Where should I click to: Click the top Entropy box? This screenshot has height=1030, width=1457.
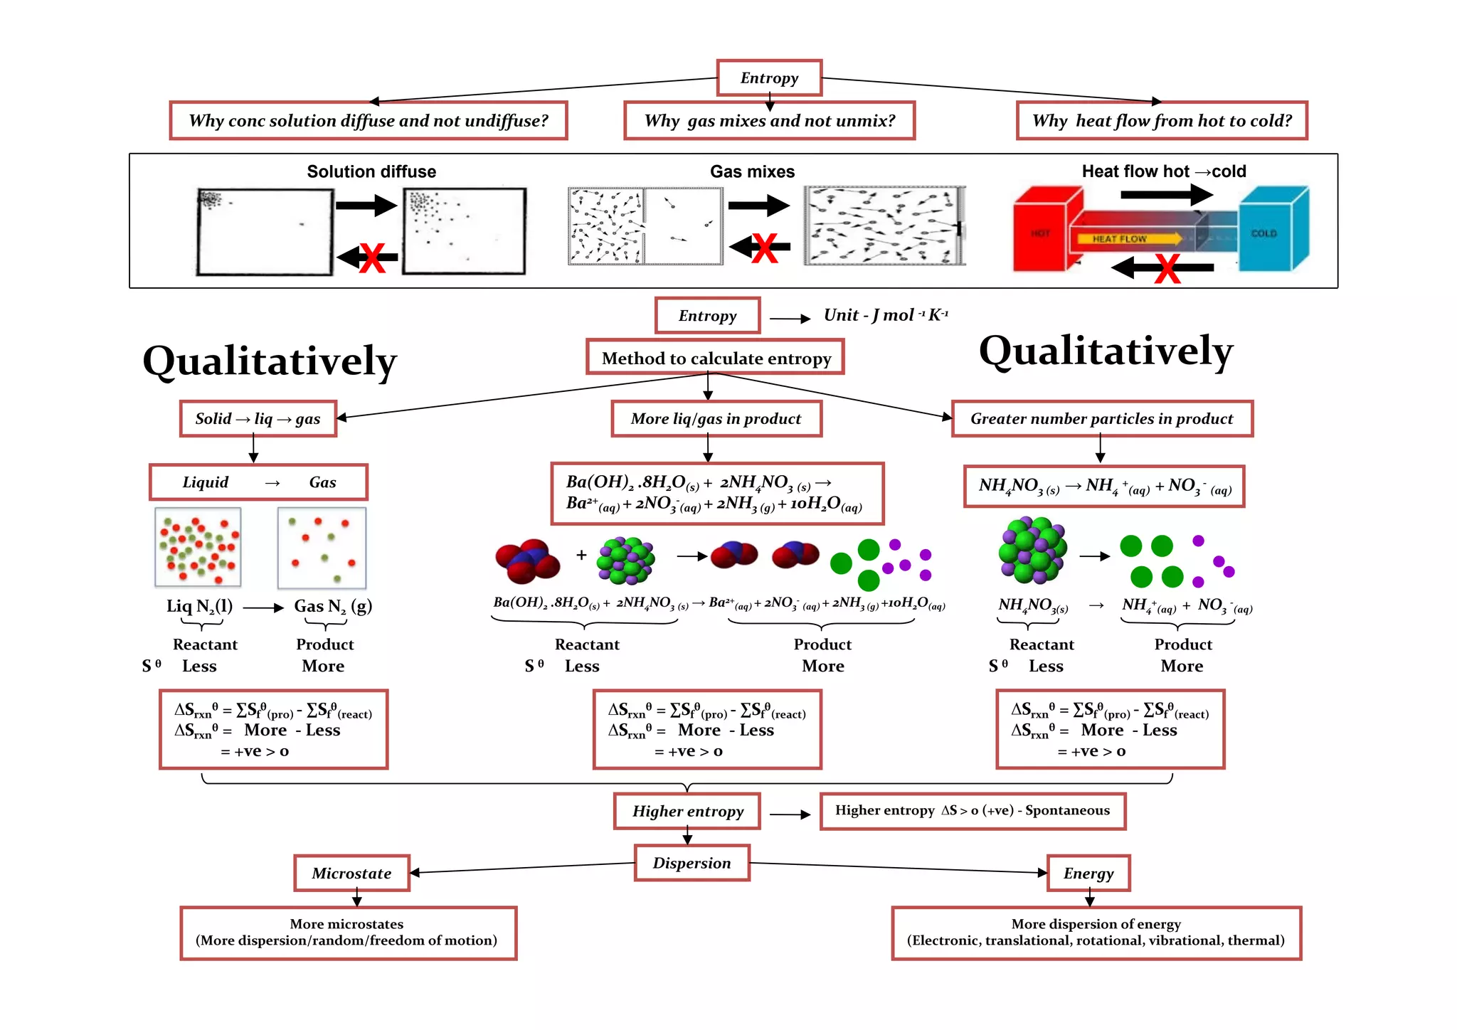pyautogui.click(x=769, y=78)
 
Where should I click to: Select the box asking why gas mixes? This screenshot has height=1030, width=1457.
pyautogui.click(x=769, y=120)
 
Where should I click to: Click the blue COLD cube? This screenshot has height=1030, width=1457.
pyautogui.click(x=1273, y=229)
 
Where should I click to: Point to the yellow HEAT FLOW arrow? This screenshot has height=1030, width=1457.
pyautogui.click(x=1130, y=239)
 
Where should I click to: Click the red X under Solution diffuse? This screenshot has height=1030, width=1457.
pyautogui.click(x=372, y=257)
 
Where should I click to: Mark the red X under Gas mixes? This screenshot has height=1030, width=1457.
pyautogui.click(x=765, y=248)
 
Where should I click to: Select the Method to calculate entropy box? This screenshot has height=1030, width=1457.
pyautogui.click(x=716, y=357)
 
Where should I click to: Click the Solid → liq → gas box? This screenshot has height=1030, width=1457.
pyautogui.click(x=258, y=418)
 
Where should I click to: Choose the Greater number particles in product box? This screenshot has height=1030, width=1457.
pyautogui.click(x=1102, y=418)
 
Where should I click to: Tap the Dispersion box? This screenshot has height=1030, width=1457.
pyautogui.click(x=692, y=863)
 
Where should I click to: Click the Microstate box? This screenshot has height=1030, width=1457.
pyautogui.click(x=352, y=873)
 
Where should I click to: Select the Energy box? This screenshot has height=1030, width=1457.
pyautogui.click(x=1088, y=873)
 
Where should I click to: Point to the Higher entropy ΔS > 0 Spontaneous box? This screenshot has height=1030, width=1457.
pyautogui.click(x=973, y=811)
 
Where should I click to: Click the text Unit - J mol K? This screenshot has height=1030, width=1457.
pyautogui.click(x=886, y=314)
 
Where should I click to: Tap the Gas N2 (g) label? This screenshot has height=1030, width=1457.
pyautogui.click(x=333, y=607)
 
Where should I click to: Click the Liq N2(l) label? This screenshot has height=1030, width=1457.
pyautogui.click(x=200, y=607)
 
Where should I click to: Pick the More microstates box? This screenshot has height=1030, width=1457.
pyautogui.click(x=348, y=933)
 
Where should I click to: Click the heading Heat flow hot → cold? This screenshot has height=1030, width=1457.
pyautogui.click(x=1164, y=171)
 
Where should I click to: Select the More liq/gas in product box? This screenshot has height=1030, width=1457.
pyautogui.click(x=716, y=418)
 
